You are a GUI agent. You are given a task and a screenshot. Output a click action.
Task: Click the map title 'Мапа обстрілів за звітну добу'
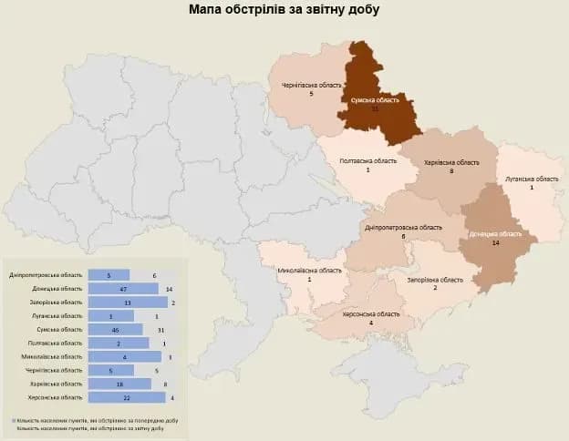click(x=284, y=10)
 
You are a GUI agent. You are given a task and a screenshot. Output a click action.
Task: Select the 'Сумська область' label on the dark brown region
click(x=375, y=99)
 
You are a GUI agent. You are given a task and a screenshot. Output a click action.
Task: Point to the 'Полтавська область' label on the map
click(x=367, y=160)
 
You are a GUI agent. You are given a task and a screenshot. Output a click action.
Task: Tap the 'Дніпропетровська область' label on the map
click(x=402, y=227)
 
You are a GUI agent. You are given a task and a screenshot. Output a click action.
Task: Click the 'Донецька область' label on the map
click(x=495, y=234)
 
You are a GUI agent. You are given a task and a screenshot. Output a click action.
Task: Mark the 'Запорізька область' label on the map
click(x=435, y=280)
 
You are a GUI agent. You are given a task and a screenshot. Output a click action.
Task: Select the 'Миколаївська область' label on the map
click(x=309, y=271)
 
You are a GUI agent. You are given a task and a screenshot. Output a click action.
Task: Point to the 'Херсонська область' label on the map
click(x=370, y=313)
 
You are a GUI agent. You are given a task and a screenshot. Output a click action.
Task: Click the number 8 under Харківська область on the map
click(x=451, y=171)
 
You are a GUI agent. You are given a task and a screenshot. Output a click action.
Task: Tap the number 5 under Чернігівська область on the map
click(x=311, y=94)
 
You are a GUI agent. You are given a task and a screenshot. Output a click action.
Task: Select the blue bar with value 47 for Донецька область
click(x=123, y=288)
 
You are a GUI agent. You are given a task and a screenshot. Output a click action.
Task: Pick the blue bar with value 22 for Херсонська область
click(x=127, y=397)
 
